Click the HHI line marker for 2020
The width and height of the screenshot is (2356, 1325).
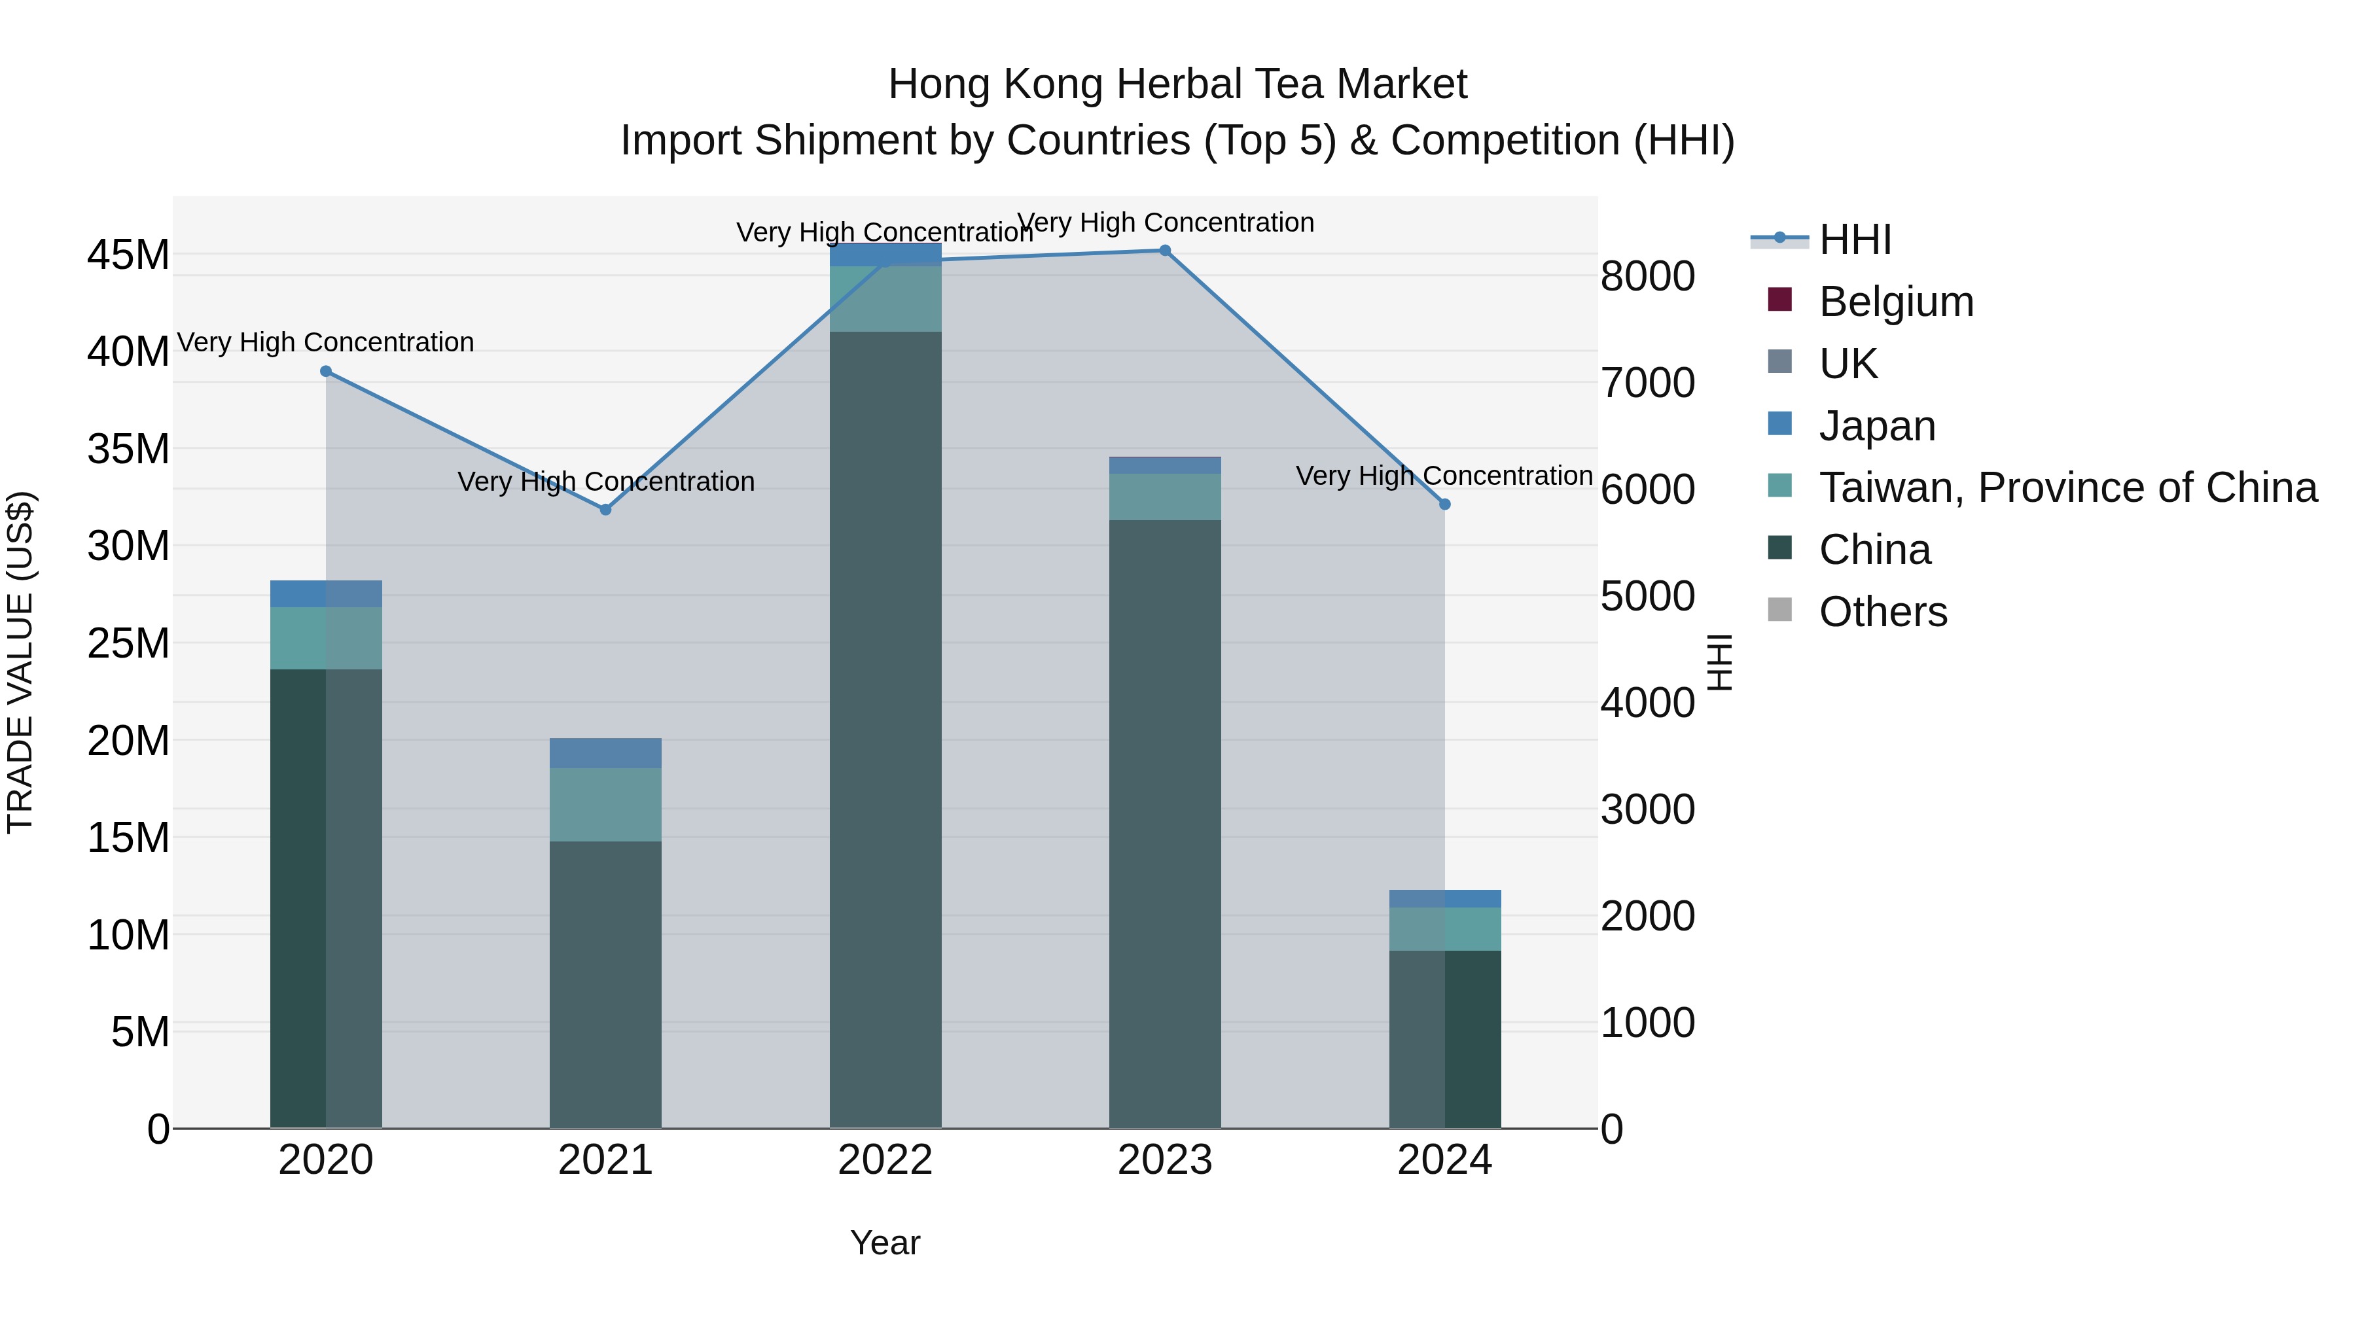[326, 371]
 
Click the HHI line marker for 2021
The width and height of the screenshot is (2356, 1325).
[605, 509]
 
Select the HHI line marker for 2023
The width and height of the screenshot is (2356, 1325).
[1165, 251]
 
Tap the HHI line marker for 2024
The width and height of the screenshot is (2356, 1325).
[1445, 504]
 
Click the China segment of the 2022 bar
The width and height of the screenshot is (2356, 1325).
[885, 732]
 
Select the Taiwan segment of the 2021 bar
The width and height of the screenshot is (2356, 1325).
[605, 805]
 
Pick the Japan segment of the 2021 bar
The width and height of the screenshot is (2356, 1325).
[605, 752]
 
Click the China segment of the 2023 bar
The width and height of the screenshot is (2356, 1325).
[1165, 823]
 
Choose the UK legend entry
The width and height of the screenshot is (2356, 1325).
[1847, 364]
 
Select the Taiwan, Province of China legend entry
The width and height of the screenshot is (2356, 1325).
[2067, 487]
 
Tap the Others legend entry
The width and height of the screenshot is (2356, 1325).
[1882, 612]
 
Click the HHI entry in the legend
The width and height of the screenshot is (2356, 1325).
[1855, 239]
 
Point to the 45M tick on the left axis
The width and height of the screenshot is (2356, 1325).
[128, 255]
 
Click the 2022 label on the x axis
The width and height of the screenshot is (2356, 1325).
[885, 1160]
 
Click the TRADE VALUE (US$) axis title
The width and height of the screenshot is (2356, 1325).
[20, 662]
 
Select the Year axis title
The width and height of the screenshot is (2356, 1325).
[885, 1243]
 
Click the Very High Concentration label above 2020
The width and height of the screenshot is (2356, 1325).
[326, 342]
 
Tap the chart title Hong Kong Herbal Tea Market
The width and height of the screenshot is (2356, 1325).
[1177, 84]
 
